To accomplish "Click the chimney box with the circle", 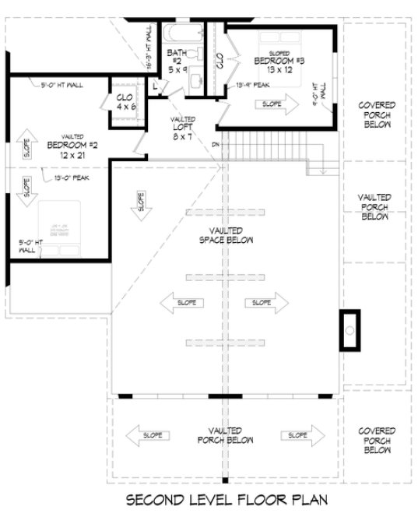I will click(350, 330).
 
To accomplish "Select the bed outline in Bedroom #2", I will click(61, 227).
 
